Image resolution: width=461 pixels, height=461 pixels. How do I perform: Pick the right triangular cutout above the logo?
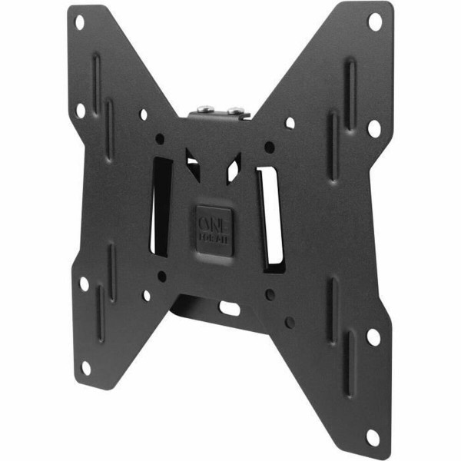click(x=233, y=167)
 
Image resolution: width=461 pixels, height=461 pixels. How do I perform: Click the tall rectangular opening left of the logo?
click(x=161, y=207)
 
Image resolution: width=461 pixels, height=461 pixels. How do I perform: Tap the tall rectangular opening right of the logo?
click(x=270, y=219)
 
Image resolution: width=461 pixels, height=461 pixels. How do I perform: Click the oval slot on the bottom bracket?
click(x=230, y=307)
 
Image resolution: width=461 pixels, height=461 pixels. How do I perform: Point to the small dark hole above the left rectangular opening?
click(x=160, y=139)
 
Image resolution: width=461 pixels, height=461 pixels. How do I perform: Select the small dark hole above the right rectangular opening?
click(x=270, y=147)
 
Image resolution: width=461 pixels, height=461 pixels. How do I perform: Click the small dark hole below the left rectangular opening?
click(x=161, y=275)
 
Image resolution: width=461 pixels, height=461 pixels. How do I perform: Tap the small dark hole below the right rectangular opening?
click(x=270, y=294)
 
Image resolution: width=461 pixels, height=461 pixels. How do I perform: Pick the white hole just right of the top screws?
click(x=290, y=122)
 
